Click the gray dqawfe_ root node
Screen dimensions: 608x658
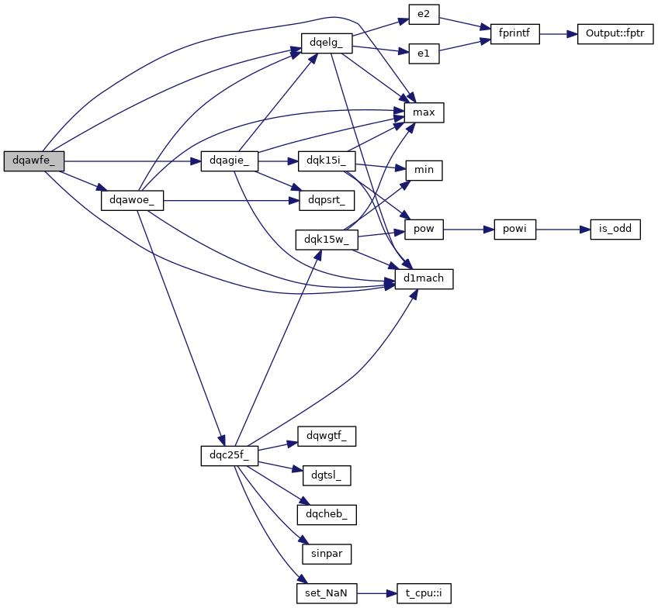tap(33, 161)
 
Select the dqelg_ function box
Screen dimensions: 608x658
tap(327, 43)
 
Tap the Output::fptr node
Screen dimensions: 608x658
tap(615, 35)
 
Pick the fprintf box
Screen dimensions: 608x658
tap(514, 35)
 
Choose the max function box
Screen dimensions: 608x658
tap(424, 113)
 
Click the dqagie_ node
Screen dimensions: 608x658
tap(228, 161)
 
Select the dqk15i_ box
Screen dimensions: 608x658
tap(325, 161)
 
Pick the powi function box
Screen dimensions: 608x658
tap(514, 230)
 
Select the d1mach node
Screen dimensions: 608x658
tap(424, 278)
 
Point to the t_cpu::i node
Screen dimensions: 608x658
tap(423, 593)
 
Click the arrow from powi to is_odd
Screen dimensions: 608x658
tap(558, 230)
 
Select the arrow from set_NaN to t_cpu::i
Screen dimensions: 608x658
tap(376, 593)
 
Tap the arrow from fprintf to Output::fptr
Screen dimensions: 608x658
tap(558, 35)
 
